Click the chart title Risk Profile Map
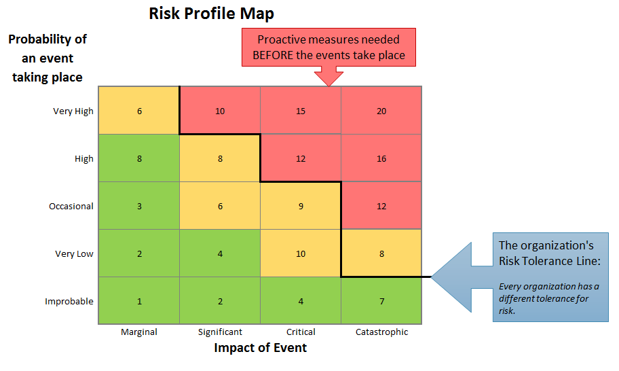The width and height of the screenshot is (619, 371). [x=212, y=14]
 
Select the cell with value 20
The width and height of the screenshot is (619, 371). [x=381, y=111]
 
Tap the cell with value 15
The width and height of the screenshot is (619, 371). [x=301, y=111]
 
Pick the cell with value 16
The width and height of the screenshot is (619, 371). [x=381, y=158]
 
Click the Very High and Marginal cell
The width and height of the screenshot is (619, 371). [x=139, y=111]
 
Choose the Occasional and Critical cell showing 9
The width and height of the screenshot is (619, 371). [x=301, y=206]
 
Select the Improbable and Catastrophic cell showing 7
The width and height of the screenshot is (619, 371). [x=381, y=301]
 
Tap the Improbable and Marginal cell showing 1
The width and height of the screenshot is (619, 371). [x=139, y=301]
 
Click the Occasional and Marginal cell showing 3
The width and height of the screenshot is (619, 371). [x=139, y=206]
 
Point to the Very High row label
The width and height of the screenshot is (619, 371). [x=73, y=111]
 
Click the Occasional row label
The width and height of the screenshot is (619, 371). [x=71, y=207]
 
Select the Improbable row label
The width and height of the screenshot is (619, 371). [x=69, y=302]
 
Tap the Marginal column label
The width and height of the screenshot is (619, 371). [x=139, y=332]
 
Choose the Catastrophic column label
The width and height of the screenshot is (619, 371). [x=382, y=332]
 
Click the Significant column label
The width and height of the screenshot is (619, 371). [x=220, y=332]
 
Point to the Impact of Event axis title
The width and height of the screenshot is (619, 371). [x=261, y=348]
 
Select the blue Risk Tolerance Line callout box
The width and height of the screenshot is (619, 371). [x=550, y=277]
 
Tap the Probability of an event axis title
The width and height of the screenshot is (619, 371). [x=48, y=58]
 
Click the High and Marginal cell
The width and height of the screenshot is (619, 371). [x=139, y=158]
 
